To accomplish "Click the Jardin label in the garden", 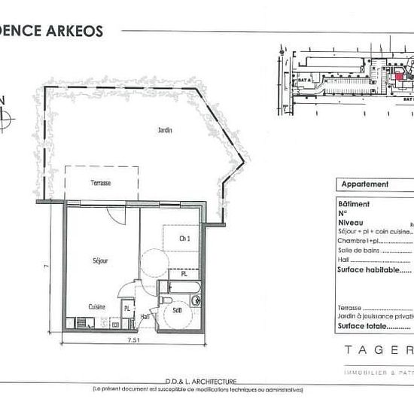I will coord(165,130).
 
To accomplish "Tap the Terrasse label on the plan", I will coord(101,184).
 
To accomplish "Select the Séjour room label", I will coord(100,260).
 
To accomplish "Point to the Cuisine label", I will coord(96,306).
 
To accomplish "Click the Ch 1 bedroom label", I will coord(184,238).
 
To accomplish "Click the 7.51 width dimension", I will coord(133,340).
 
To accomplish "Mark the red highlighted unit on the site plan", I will coord(398,75).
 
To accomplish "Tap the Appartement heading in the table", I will coord(365,184).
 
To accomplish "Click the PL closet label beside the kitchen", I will coord(127,309).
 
